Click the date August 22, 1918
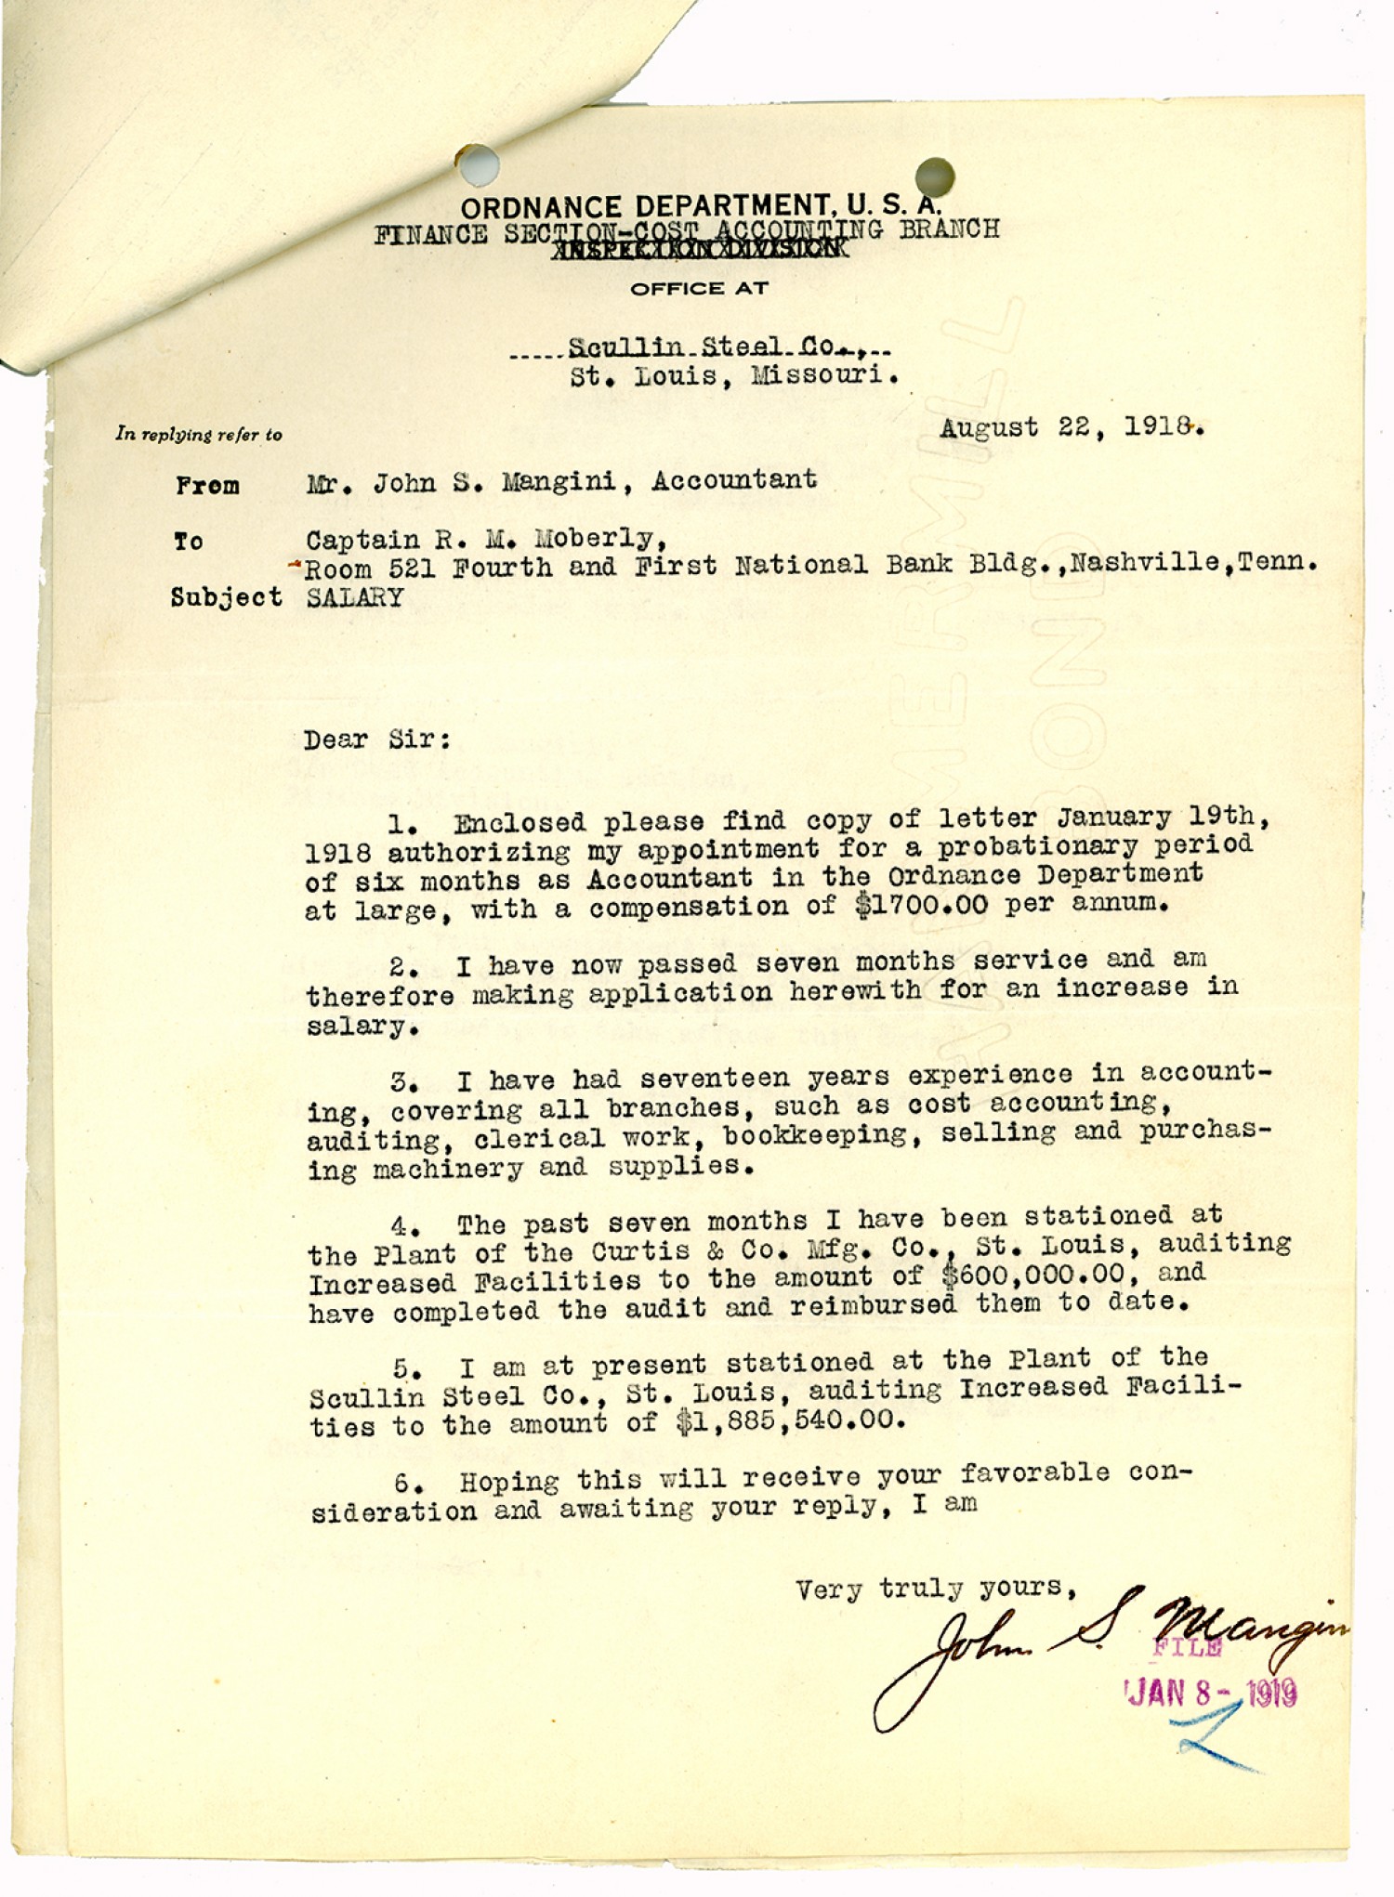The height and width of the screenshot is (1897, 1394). [1072, 427]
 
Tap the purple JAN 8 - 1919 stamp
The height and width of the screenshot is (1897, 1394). [1211, 1693]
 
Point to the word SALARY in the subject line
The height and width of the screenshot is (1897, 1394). [355, 597]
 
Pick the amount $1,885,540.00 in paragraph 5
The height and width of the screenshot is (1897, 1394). [789, 1421]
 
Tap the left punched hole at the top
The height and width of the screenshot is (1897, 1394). [478, 164]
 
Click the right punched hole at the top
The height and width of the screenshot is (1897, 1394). [934, 177]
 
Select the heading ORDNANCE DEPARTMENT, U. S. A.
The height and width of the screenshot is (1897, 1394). [701, 206]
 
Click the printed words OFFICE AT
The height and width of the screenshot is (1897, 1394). [699, 289]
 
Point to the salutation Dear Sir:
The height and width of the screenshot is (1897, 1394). [376, 740]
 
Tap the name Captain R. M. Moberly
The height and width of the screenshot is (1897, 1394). [486, 540]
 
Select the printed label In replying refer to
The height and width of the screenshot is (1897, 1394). [199, 434]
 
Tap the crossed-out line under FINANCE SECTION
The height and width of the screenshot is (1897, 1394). [698, 249]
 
